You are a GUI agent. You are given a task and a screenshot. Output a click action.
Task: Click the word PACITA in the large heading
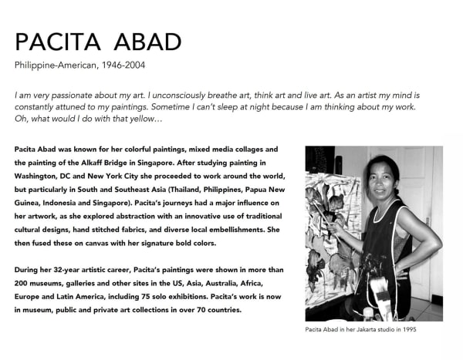55,42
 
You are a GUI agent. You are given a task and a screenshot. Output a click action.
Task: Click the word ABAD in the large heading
140,42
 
